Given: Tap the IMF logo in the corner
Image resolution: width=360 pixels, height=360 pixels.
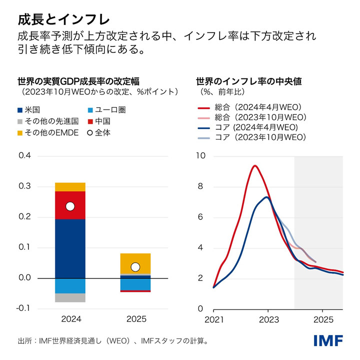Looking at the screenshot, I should (328, 341).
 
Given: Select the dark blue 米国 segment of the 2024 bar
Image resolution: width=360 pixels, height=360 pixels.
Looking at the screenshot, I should (70, 248).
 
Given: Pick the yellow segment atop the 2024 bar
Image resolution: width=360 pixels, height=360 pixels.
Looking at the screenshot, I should (70, 187).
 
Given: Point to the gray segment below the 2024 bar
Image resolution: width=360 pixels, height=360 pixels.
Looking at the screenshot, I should (70, 297).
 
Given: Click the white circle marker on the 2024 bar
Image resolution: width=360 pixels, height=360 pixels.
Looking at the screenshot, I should (70, 206).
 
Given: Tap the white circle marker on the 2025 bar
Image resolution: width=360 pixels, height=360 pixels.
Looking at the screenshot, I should (135, 266).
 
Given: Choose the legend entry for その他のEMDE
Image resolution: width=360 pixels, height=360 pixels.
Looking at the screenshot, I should (48, 132).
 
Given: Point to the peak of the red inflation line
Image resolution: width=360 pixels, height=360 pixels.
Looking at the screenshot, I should (255, 165).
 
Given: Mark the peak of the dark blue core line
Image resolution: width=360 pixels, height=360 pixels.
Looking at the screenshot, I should (267, 197).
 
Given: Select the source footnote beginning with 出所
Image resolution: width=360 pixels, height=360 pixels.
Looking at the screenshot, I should (112, 341).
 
